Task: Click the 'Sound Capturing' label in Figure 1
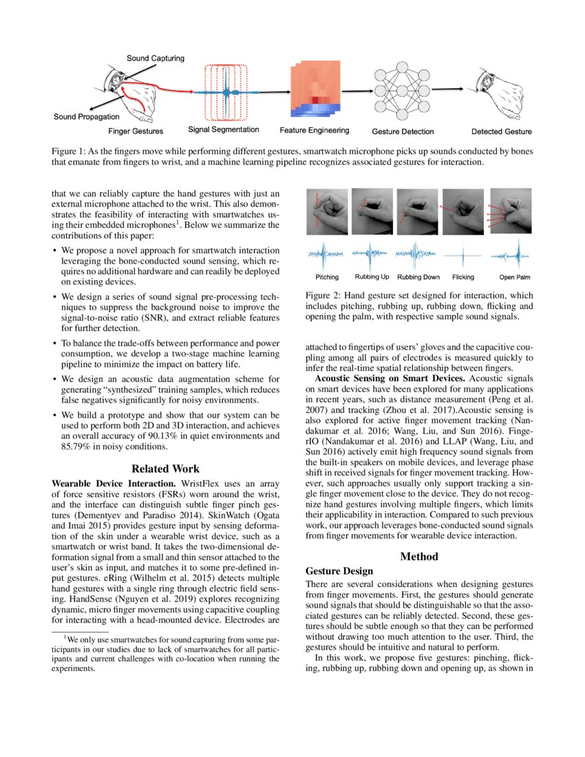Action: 155,58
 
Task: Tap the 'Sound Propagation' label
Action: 86,117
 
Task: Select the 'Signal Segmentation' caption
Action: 224,129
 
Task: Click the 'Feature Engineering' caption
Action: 315,130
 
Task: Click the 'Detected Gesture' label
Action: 501,131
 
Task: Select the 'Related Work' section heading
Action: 166,469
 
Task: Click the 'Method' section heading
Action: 418,556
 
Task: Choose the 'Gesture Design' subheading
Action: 339,571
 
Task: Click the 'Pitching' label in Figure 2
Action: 327,277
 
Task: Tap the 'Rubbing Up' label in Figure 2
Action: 372,277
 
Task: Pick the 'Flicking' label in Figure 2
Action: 463,277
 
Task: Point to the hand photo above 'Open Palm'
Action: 510,211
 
